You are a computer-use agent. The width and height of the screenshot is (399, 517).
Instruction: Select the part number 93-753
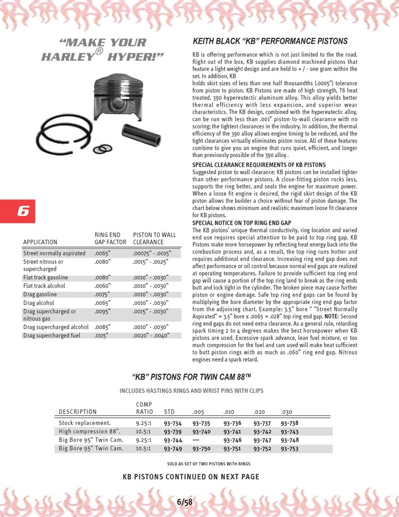click(289, 448)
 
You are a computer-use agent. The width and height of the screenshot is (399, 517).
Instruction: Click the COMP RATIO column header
click(145, 408)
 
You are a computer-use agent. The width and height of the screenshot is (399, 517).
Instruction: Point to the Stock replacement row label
click(85, 423)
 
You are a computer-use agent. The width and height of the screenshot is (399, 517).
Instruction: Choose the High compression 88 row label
click(90, 432)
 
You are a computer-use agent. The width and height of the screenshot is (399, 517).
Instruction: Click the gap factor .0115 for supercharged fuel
click(101, 335)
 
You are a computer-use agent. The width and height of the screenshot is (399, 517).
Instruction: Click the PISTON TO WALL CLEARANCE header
click(154, 238)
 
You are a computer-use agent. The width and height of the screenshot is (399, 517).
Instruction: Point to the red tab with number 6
click(17, 211)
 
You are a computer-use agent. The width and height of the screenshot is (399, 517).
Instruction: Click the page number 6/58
click(185, 502)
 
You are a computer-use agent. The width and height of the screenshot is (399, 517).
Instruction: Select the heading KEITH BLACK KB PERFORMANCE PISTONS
click(270, 41)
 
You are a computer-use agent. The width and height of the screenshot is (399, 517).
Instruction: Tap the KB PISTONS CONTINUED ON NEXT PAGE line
click(191, 477)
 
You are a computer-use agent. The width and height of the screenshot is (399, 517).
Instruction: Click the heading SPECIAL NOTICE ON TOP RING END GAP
click(242, 223)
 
